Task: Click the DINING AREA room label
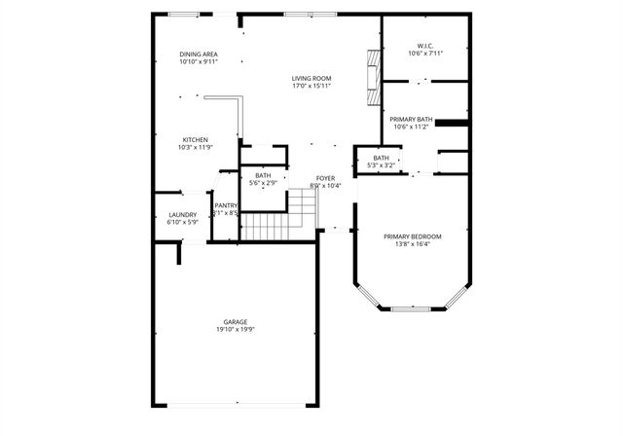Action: (x=198, y=54)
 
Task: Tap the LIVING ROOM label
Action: (x=312, y=79)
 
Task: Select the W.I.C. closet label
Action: (x=424, y=46)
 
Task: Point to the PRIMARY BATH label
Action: (x=412, y=119)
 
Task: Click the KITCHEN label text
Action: (x=195, y=140)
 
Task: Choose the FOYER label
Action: (x=326, y=178)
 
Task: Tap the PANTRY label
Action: (x=227, y=205)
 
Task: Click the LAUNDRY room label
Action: (x=182, y=215)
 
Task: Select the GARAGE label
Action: (x=235, y=322)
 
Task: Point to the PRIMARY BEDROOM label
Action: (x=412, y=236)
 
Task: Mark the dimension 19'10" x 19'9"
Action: (x=235, y=330)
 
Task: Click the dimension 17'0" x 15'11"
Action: (x=312, y=87)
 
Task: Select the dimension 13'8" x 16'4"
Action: (x=412, y=244)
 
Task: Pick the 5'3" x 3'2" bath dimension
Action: (x=381, y=165)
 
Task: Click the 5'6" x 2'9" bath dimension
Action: (x=264, y=183)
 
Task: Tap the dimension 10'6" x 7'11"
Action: (x=424, y=54)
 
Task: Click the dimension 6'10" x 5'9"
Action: (x=182, y=223)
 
